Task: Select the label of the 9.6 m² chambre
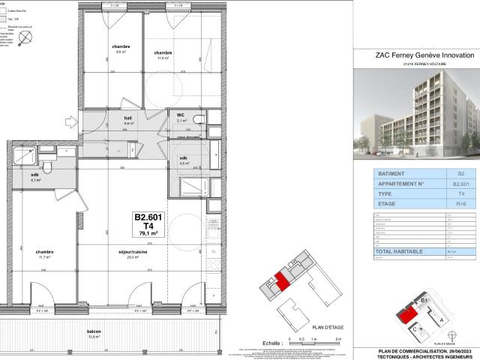(121, 49)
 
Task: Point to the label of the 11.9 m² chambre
(163, 54)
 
